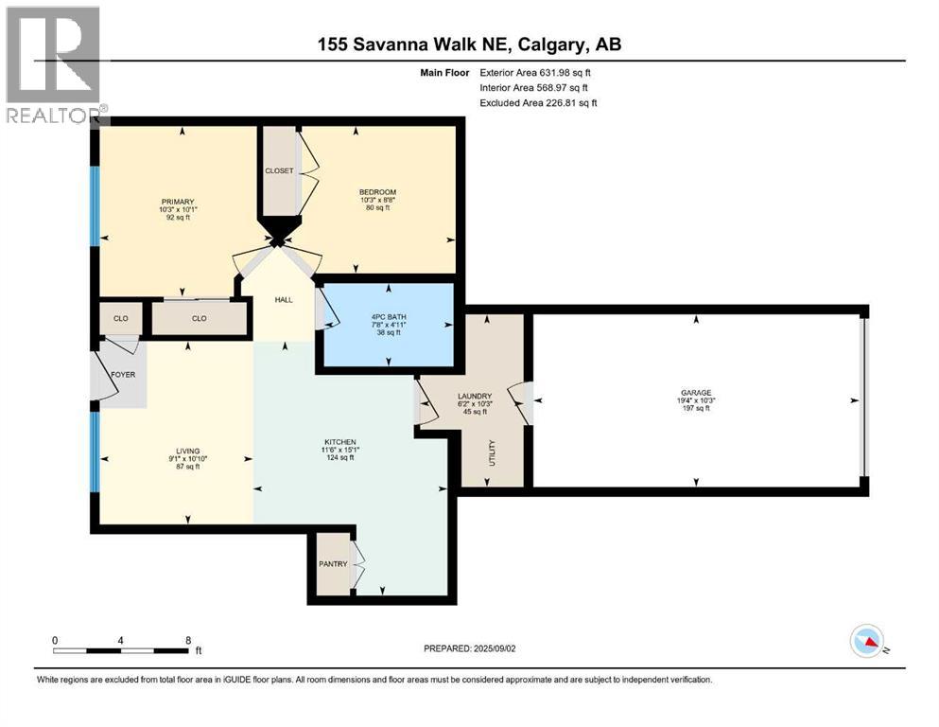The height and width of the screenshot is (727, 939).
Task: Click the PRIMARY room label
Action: (178, 202)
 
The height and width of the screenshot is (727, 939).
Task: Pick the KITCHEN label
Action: (339, 442)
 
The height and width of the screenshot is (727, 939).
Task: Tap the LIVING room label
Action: (185, 450)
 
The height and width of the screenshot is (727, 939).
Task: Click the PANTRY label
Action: (333, 564)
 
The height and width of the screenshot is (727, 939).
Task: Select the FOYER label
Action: (123, 375)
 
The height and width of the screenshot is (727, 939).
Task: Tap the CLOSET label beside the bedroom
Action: (279, 171)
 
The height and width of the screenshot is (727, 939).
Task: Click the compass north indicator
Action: (868, 642)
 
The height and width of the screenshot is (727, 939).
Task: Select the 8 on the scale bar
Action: (187, 640)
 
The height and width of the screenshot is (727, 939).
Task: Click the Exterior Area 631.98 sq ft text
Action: (539, 72)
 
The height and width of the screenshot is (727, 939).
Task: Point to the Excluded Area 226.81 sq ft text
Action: (539, 103)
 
